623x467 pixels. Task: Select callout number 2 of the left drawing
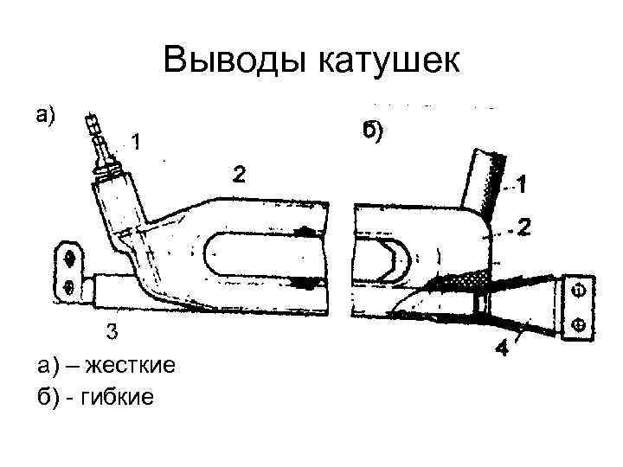pyautogui.click(x=238, y=174)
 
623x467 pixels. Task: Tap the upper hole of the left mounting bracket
pyautogui.click(x=69, y=257)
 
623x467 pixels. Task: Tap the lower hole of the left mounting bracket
pyautogui.click(x=68, y=286)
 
